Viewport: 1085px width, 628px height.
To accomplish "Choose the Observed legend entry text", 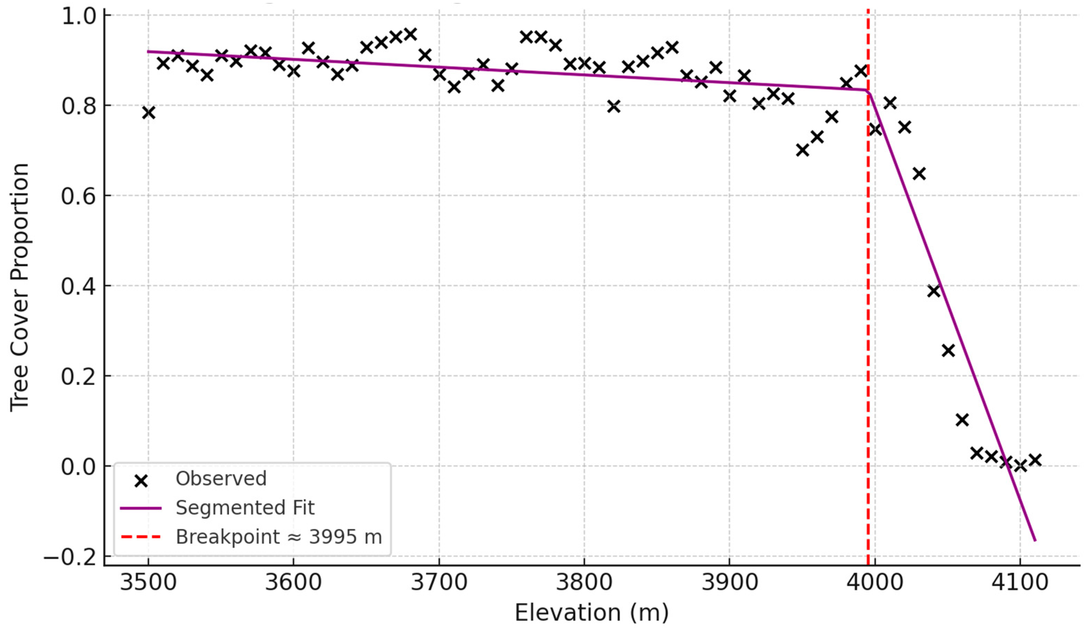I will click(221, 478).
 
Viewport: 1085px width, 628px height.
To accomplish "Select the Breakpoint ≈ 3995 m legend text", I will click(278, 537).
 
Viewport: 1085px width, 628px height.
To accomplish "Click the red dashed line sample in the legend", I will click(141, 537).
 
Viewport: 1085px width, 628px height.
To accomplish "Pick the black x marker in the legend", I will click(141, 481).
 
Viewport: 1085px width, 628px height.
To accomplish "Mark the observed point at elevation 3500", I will click(148, 113).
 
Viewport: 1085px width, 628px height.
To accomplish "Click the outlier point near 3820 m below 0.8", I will click(613, 106).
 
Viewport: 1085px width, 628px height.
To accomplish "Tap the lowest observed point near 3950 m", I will click(802, 150).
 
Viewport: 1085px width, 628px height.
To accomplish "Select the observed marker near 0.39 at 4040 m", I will click(933, 291).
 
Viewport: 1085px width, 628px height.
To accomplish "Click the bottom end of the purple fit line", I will click(1035, 540).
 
